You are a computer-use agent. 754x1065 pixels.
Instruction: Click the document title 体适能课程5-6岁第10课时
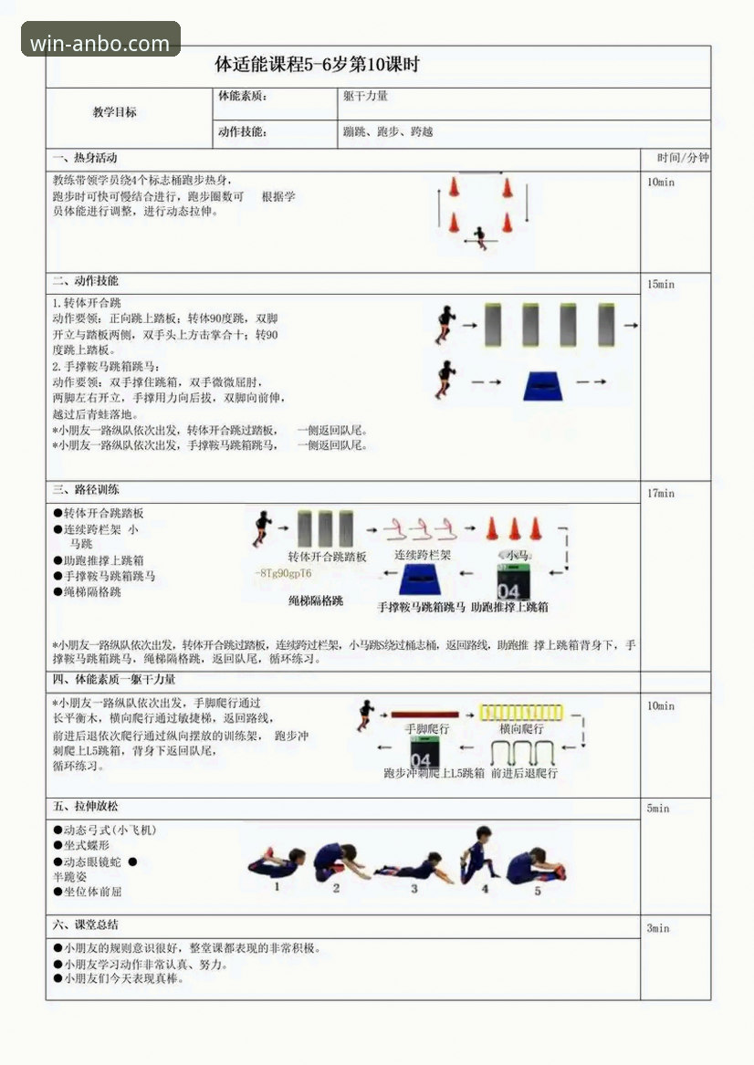[317, 66]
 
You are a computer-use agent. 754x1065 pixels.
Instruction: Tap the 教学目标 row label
[115, 112]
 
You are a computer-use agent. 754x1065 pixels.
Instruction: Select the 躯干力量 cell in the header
[365, 96]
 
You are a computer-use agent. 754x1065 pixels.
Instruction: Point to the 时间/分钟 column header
[675, 158]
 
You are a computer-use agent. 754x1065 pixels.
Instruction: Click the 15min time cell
[661, 285]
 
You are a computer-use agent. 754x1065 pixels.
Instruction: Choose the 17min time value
[661, 494]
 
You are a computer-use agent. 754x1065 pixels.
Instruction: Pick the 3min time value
[658, 928]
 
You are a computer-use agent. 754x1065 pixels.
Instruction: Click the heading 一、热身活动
[85, 159]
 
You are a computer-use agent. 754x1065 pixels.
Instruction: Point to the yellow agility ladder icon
[522, 712]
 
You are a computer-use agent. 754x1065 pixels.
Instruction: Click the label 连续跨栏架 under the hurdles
[423, 555]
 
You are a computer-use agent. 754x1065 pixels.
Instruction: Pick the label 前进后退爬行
[523, 773]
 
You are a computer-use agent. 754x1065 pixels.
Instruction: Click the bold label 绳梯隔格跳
[316, 601]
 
